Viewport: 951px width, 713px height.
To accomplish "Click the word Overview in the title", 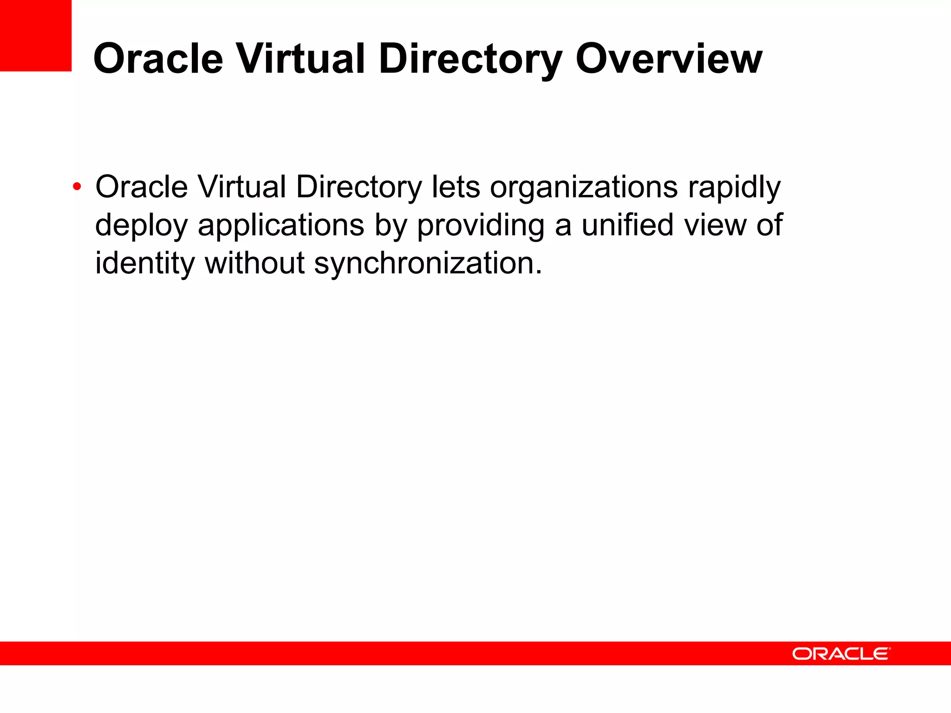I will point(669,59).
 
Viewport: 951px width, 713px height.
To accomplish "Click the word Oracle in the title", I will point(158,59).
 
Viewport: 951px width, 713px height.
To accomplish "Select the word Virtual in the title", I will point(301,59).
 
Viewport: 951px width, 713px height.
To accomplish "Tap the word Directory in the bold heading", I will point(470,59).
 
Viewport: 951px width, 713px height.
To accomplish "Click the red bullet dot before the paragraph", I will point(77,187).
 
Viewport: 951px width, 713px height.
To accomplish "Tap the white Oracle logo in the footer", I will point(841,654).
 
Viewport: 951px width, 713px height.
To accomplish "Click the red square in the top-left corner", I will point(36,35).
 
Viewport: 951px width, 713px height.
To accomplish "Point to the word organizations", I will point(584,187).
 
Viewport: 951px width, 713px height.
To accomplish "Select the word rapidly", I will point(734,187).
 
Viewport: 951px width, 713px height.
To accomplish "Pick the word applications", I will point(281,225).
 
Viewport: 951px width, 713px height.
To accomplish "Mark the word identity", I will point(145,263).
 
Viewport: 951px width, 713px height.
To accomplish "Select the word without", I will point(254,263).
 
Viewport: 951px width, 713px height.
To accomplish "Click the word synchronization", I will point(428,263).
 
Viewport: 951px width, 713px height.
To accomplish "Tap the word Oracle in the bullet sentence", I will point(142,187).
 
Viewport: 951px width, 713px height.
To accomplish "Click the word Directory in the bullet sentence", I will point(358,187).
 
